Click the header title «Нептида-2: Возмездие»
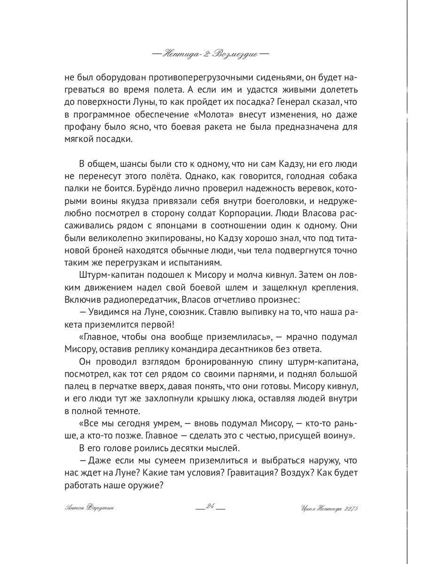[211, 54]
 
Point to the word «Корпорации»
[271, 213]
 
